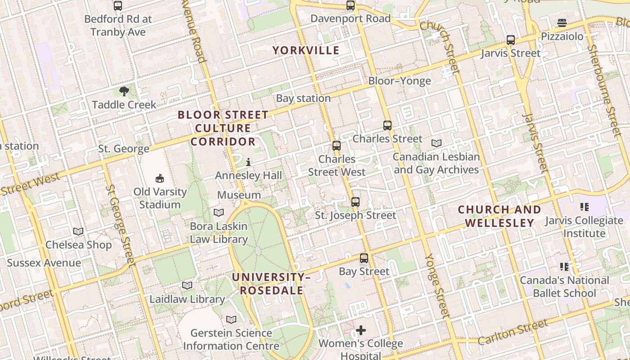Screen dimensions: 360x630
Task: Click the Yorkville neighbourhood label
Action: [x=306, y=50]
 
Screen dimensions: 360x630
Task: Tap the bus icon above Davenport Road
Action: [x=351, y=5]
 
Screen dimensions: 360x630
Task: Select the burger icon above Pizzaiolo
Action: [x=562, y=22]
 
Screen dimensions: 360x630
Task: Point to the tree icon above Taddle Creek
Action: [x=124, y=91]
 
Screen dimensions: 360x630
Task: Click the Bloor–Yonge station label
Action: [x=400, y=81]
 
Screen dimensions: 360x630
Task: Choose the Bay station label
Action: [x=303, y=98]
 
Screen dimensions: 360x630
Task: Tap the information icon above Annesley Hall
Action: [x=248, y=162]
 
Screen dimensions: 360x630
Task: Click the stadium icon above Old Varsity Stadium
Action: [x=160, y=178]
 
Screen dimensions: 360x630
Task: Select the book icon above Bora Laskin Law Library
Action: [x=219, y=212]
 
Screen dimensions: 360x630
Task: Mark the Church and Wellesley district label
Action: [x=499, y=216]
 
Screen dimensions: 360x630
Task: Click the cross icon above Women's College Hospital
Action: [x=361, y=331]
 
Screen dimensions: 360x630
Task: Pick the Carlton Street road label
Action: [x=513, y=332]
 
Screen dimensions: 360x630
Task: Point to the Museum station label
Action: [x=239, y=195]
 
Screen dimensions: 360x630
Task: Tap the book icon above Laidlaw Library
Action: [x=187, y=285]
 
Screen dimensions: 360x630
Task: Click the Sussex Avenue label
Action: [x=44, y=263]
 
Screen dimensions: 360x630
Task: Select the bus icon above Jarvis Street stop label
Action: [x=511, y=40]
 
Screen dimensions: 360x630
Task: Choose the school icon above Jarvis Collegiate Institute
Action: [x=584, y=207]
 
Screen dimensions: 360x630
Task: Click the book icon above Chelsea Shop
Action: [x=78, y=231]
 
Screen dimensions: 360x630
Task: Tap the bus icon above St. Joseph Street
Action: [x=355, y=202]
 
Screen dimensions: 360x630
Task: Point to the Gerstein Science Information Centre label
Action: [x=231, y=339]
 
